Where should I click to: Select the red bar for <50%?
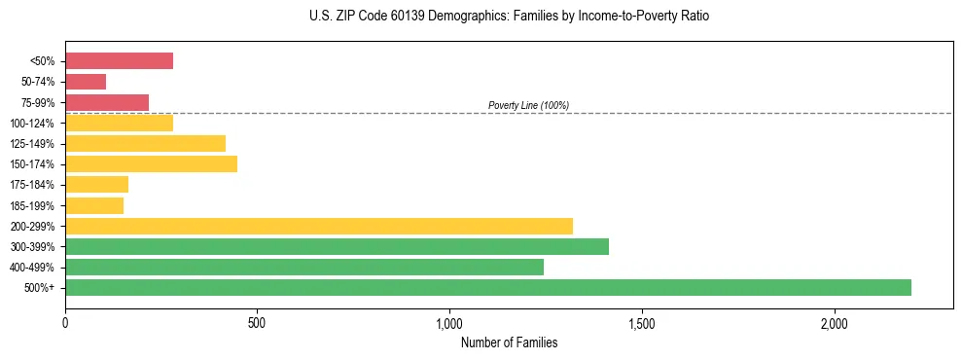(119, 61)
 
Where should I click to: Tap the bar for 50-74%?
(86, 82)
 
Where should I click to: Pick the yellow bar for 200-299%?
(319, 226)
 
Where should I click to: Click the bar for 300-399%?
(337, 246)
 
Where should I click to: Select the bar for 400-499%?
(304, 267)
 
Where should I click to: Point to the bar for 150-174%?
(151, 163)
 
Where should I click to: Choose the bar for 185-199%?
(94, 205)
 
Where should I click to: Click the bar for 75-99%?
(107, 102)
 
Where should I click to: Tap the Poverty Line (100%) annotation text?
(528, 105)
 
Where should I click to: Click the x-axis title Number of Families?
(509, 342)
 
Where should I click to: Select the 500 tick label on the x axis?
(257, 323)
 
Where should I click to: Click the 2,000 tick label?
(834, 323)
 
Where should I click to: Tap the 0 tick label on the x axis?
(65, 323)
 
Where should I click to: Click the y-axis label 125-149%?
(32, 144)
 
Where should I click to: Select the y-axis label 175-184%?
(32, 185)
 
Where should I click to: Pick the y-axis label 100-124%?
(32, 124)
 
